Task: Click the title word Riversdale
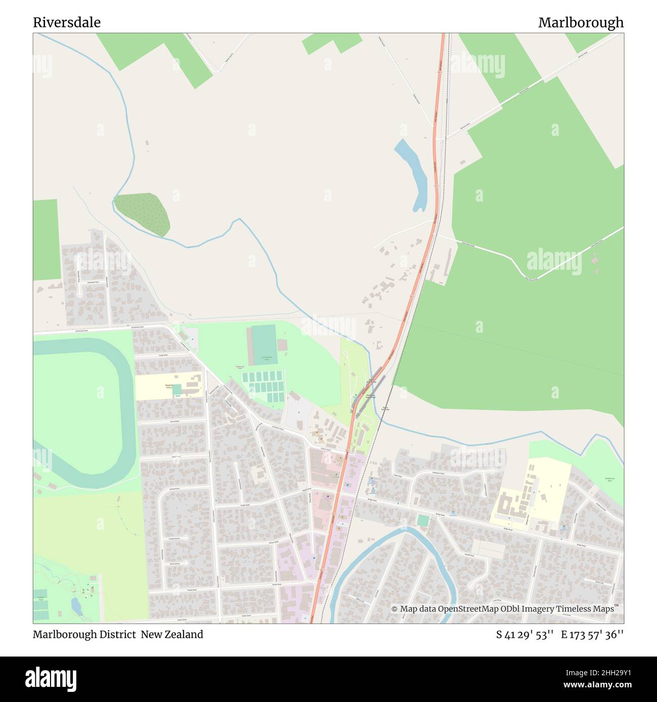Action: [x=67, y=23]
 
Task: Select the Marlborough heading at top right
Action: [x=581, y=23]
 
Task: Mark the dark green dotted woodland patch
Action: [x=143, y=214]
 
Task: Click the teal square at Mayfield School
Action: [x=177, y=390]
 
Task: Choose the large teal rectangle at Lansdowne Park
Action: [x=264, y=344]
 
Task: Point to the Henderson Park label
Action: [x=609, y=479]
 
